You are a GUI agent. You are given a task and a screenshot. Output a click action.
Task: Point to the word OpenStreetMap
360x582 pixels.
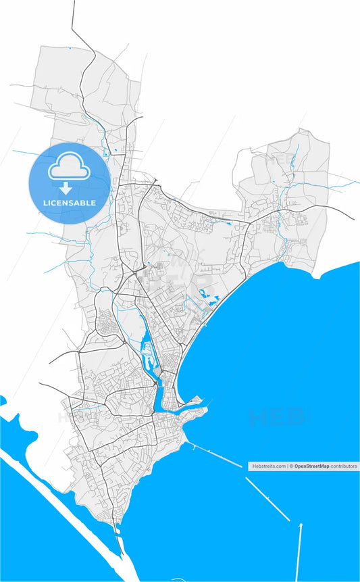pyautogui.click(x=311, y=466)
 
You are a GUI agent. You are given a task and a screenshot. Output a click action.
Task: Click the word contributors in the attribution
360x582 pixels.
pyautogui.click(x=344, y=466)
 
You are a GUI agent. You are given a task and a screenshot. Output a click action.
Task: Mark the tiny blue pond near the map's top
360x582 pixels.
pyautogui.click(x=70, y=49)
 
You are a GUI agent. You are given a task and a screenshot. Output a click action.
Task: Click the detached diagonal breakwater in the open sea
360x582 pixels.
pyautogui.click(x=267, y=499)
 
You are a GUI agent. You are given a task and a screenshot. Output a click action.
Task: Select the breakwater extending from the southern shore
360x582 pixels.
pyautogui.click(x=215, y=455)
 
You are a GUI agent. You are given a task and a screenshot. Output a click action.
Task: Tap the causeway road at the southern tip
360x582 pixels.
pyautogui.click(x=120, y=541)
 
